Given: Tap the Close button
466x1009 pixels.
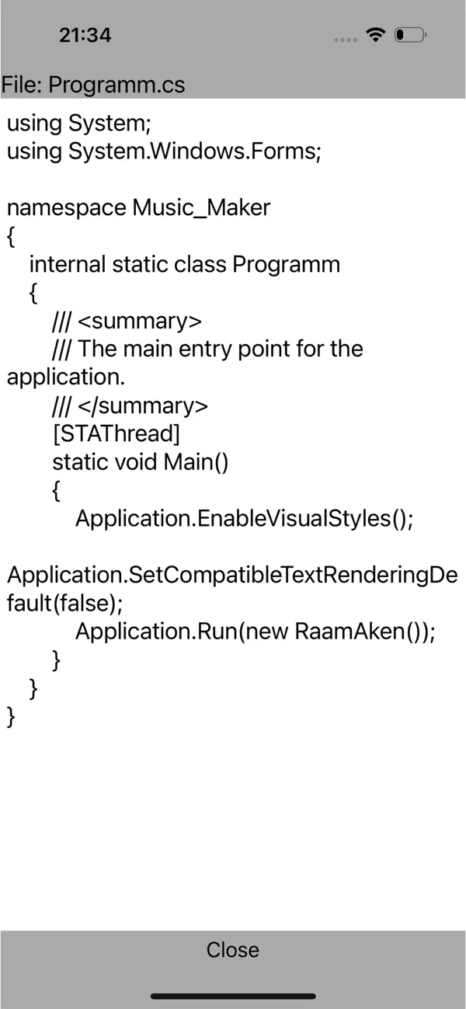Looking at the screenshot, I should pos(232,949).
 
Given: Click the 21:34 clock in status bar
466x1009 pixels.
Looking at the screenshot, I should pos(85,35).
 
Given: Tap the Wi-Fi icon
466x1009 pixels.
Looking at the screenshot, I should pos(376,35).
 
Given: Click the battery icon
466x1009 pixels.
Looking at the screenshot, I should pos(409,35).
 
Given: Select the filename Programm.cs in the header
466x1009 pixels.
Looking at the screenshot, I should pos(116,84).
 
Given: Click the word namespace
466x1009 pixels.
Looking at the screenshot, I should pos(66,207).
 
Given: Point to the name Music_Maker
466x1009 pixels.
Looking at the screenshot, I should pos(201,207).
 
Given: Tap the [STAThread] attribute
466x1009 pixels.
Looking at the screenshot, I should pos(116,433).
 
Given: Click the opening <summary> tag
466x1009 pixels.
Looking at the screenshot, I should pos(140,320).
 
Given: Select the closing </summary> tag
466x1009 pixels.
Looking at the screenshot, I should pos(143,405).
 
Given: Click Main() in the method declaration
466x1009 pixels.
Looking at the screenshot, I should pos(196,462).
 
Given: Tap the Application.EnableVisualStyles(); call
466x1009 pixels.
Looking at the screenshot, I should pos(244,518).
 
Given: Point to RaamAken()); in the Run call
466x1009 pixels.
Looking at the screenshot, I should pos(365,631).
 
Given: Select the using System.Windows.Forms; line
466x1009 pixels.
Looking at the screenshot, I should pos(163,151).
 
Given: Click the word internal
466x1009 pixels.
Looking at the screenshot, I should pos(68,264).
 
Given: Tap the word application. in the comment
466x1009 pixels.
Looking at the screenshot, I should pos(65,377).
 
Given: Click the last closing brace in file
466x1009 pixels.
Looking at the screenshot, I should pos(11,716).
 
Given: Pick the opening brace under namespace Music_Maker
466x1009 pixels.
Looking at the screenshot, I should pos(11,236).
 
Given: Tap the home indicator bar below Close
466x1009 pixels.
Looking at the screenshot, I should pos(232,996).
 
